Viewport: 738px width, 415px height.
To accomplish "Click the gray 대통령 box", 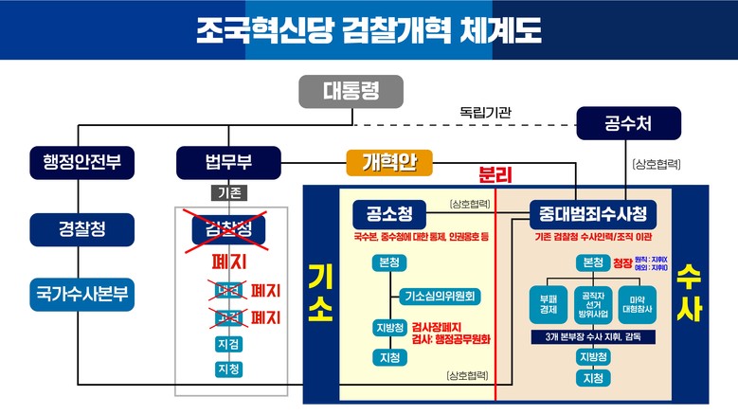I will pyautogui.click(x=351, y=92).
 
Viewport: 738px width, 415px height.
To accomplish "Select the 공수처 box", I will pyautogui.click(x=628, y=122).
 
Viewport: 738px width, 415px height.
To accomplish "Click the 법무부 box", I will pyautogui.click(x=228, y=160).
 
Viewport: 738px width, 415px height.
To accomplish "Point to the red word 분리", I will pyautogui.click(x=495, y=175).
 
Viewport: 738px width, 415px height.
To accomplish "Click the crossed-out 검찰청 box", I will pyautogui.click(x=228, y=228).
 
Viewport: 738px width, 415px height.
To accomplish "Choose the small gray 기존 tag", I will pyautogui.click(x=229, y=192).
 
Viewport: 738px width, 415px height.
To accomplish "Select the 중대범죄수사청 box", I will pyautogui.click(x=592, y=213).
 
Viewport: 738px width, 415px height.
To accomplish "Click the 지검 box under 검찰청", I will pyautogui.click(x=228, y=344).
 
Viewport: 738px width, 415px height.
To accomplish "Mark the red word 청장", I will pyautogui.click(x=621, y=262).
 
